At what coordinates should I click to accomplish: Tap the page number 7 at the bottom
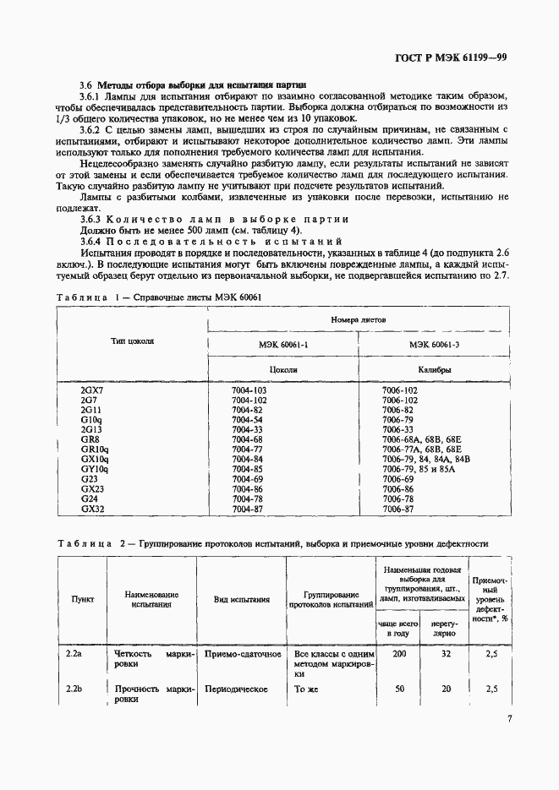pos(509,719)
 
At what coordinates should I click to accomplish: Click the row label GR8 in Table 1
pos(90,439)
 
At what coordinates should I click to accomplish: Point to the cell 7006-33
pos(399,429)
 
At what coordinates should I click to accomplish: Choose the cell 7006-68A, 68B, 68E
pos(422,439)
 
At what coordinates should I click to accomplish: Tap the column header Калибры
pos(433,370)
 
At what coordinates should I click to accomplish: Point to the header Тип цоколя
pos(132,341)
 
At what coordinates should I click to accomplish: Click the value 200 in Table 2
pos(400,655)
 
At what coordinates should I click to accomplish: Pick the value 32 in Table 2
pos(446,655)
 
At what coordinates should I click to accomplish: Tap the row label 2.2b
pos(74,689)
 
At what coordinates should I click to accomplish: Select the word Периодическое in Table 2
pos(241,689)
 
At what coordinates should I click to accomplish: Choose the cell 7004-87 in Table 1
pos(248,509)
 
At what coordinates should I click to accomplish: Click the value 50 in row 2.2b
pos(400,689)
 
